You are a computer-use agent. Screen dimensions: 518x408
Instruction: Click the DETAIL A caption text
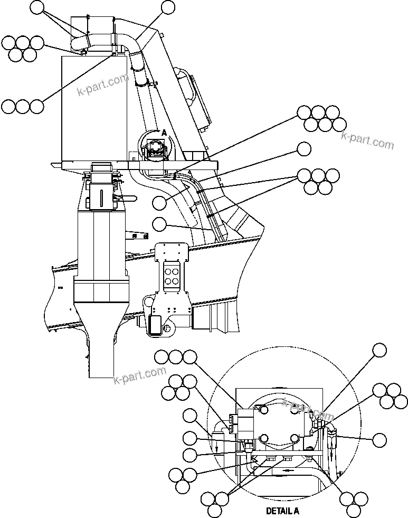[282, 511]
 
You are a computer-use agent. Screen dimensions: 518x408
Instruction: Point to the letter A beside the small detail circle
[164, 133]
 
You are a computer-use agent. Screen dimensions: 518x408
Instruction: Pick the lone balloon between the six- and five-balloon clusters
[304, 149]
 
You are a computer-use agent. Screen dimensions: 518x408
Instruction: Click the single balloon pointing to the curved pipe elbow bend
[167, 7]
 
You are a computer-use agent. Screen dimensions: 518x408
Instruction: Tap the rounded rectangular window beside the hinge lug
[156, 324]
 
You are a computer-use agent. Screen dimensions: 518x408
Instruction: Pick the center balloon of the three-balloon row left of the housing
[22, 106]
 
